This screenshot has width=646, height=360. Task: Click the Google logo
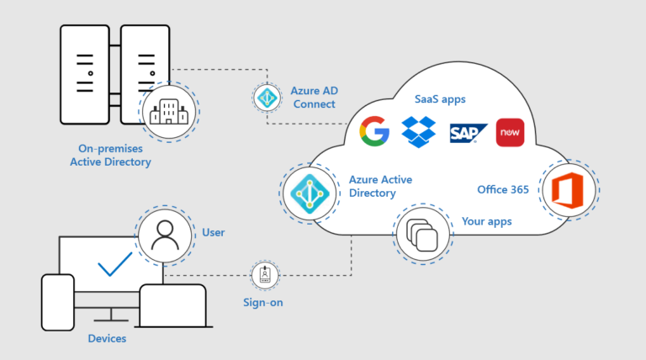click(x=373, y=132)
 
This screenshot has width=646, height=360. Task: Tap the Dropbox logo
click(x=418, y=132)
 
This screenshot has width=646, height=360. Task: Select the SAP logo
click(x=464, y=133)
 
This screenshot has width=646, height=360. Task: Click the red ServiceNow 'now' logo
click(x=510, y=132)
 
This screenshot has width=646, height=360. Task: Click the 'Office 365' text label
click(x=503, y=189)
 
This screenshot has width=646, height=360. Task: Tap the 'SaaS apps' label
click(x=439, y=99)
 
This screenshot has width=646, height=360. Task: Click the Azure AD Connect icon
click(x=267, y=97)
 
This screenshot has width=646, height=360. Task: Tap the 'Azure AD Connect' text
click(x=312, y=97)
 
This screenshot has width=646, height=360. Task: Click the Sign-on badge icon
click(x=265, y=274)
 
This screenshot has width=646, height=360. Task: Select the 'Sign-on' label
click(x=265, y=300)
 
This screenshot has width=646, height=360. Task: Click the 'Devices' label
click(x=107, y=338)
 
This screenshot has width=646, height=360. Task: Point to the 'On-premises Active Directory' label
click(x=110, y=155)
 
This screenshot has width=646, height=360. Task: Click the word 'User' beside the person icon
click(x=214, y=231)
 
